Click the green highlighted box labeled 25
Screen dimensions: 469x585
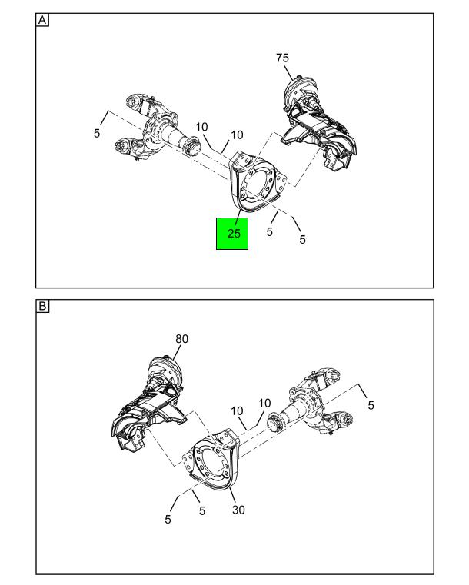232,234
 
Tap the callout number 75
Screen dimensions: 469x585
282,58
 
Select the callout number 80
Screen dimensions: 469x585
181,339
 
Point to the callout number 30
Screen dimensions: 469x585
238,510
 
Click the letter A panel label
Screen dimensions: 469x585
42,20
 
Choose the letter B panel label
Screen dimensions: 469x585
42,306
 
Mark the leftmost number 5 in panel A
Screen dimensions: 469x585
97,133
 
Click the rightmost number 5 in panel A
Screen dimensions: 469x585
302,239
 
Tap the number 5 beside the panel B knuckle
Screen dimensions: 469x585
371,405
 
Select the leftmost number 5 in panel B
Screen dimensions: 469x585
168,519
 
